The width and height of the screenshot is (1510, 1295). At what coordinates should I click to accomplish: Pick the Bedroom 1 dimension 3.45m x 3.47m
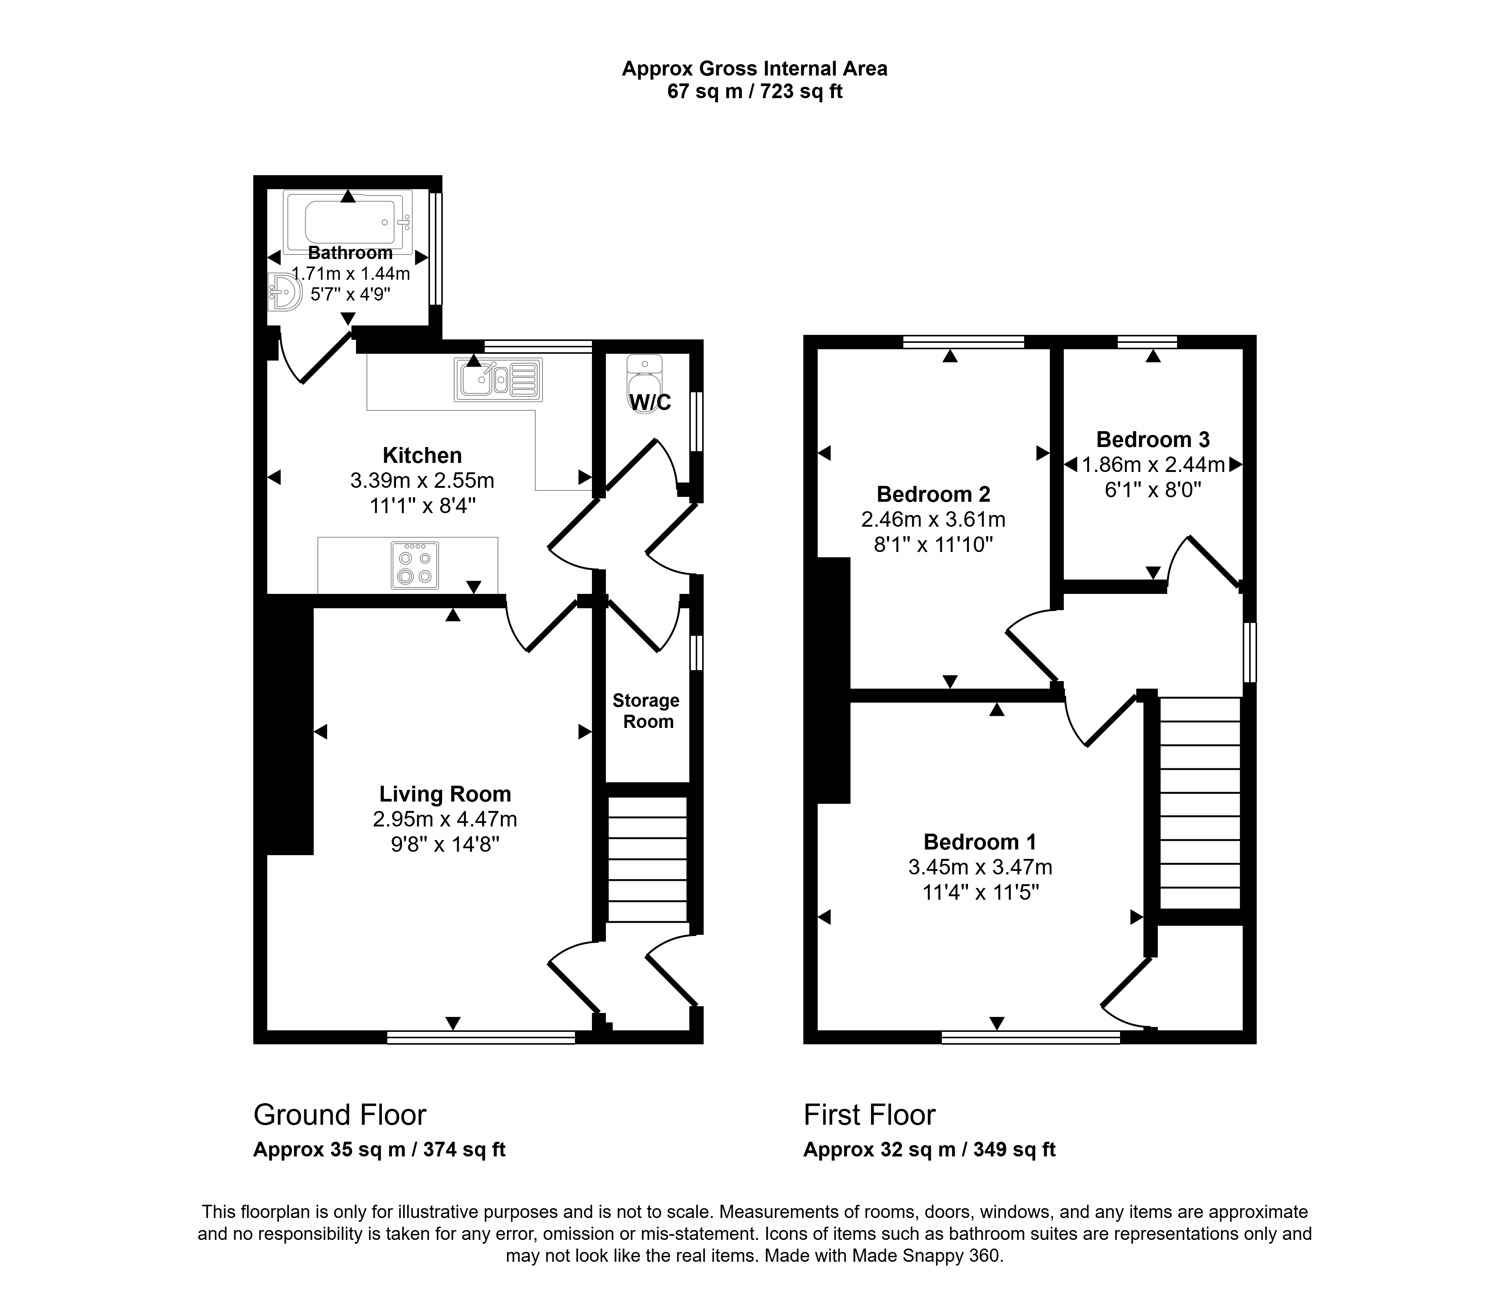coord(980,867)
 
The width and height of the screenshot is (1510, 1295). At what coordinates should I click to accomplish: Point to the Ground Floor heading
coord(340,1115)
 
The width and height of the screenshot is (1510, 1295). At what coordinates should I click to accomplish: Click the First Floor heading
coord(869,1115)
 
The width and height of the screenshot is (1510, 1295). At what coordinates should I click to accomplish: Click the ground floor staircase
coord(648,860)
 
